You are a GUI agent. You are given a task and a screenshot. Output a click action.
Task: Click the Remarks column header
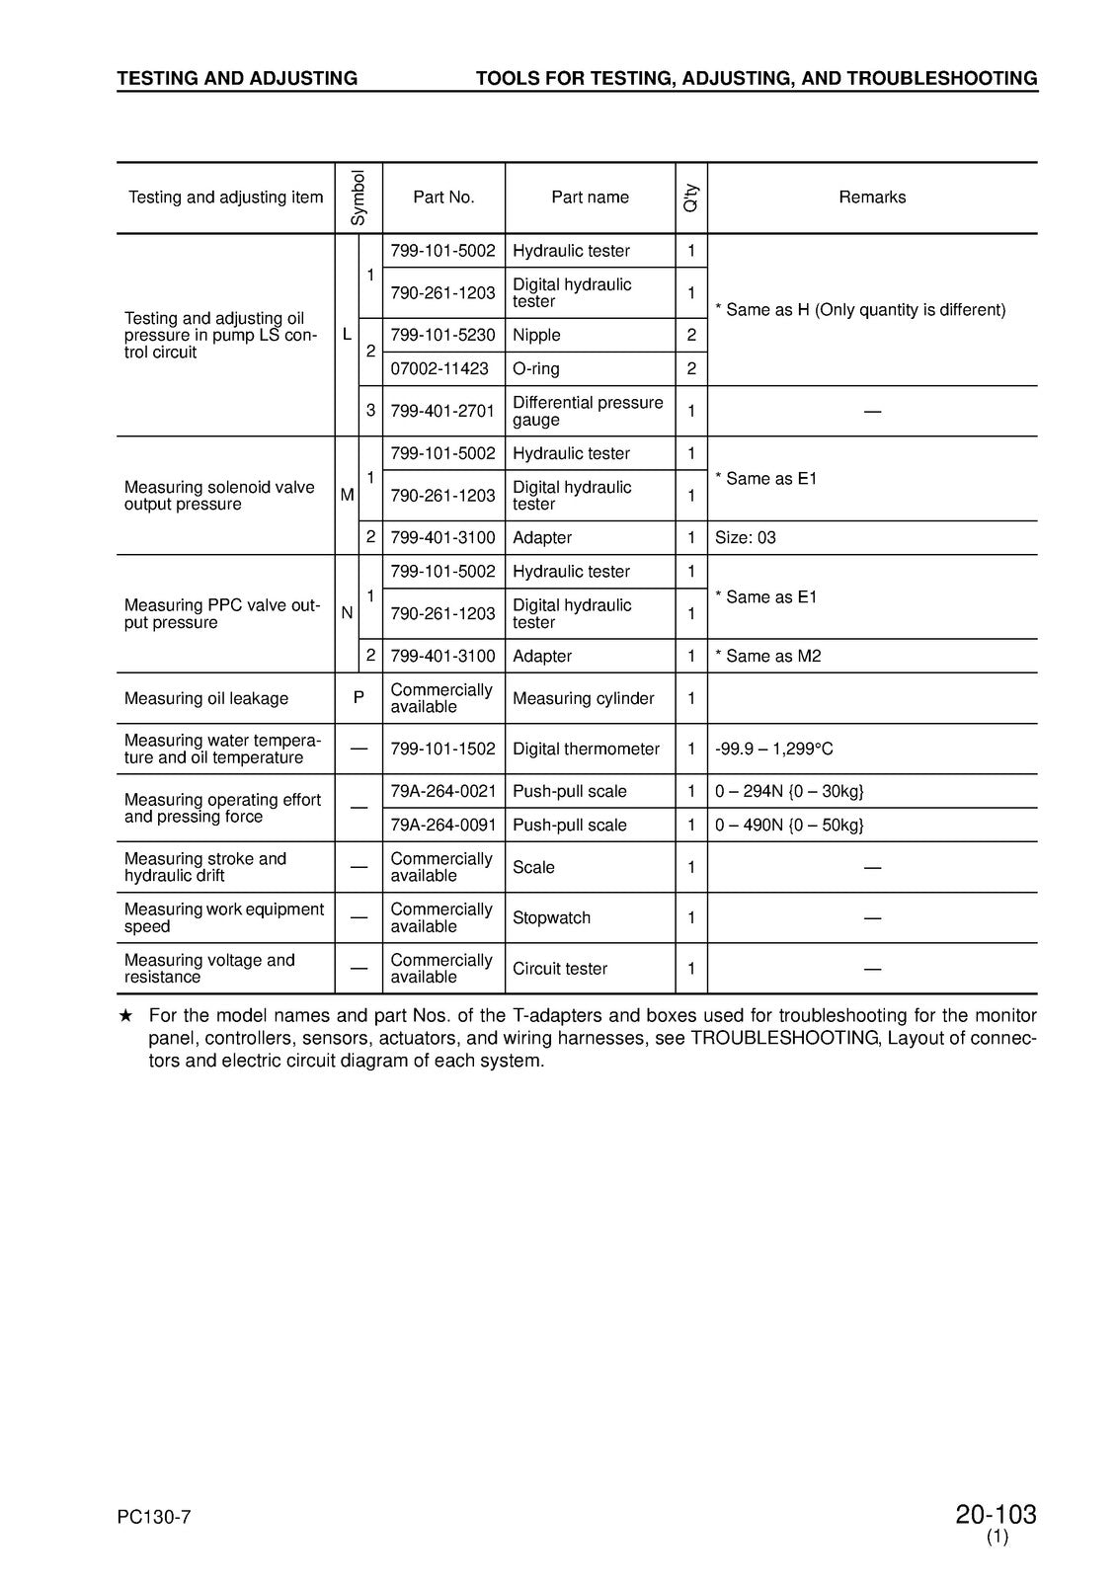[x=872, y=197]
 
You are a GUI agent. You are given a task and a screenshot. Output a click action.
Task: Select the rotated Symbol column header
[x=359, y=197]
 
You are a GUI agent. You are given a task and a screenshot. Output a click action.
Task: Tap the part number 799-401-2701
[x=442, y=411]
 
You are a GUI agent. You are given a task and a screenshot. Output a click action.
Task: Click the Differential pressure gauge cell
[x=588, y=411]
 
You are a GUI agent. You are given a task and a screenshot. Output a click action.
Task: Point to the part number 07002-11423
[x=439, y=369]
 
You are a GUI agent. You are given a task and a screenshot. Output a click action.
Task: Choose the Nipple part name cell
[x=536, y=336]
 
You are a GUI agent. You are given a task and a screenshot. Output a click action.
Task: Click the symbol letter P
[x=359, y=698]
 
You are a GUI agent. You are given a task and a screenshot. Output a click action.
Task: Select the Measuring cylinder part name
[x=584, y=698]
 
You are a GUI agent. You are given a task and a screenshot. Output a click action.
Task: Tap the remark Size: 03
[x=746, y=538]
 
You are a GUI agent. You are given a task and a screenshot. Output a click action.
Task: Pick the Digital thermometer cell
[x=586, y=750]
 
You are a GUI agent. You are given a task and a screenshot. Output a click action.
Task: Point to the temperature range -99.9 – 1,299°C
[x=773, y=750]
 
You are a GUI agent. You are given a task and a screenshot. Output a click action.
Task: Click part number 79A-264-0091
[x=442, y=826]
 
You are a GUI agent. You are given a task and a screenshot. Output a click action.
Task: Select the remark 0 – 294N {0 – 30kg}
[x=789, y=792]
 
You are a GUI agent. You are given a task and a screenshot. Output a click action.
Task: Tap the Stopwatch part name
[x=551, y=918]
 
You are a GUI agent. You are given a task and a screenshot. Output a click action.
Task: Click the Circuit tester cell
[x=560, y=969]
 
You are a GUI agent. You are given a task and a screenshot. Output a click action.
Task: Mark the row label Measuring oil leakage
[x=206, y=698]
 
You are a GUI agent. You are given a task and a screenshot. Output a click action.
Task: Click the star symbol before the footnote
[x=125, y=1016]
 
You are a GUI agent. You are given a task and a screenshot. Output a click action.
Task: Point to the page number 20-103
[x=996, y=1515]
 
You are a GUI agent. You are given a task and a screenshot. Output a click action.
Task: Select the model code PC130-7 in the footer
[x=153, y=1518]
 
